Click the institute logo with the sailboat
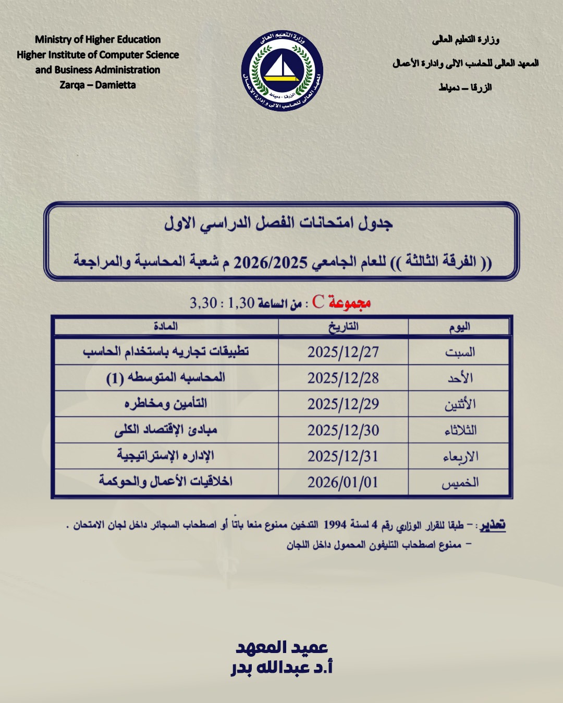click(x=282, y=71)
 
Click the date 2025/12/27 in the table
click(x=343, y=353)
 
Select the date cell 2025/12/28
click(x=343, y=379)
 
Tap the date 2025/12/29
click(x=343, y=405)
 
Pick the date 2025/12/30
click(x=343, y=431)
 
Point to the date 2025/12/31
click(x=343, y=457)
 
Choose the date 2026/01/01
click(x=343, y=483)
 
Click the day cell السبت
click(x=460, y=353)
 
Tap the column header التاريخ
click(x=343, y=327)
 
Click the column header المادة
click(x=166, y=327)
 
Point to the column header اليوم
click(x=460, y=327)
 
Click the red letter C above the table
click(x=319, y=302)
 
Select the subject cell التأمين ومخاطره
click(x=166, y=404)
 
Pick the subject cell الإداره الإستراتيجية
click(x=166, y=456)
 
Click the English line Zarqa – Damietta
click(x=97, y=85)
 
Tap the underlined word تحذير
click(x=493, y=525)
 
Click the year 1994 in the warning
click(x=335, y=524)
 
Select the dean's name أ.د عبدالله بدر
click(x=282, y=668)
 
